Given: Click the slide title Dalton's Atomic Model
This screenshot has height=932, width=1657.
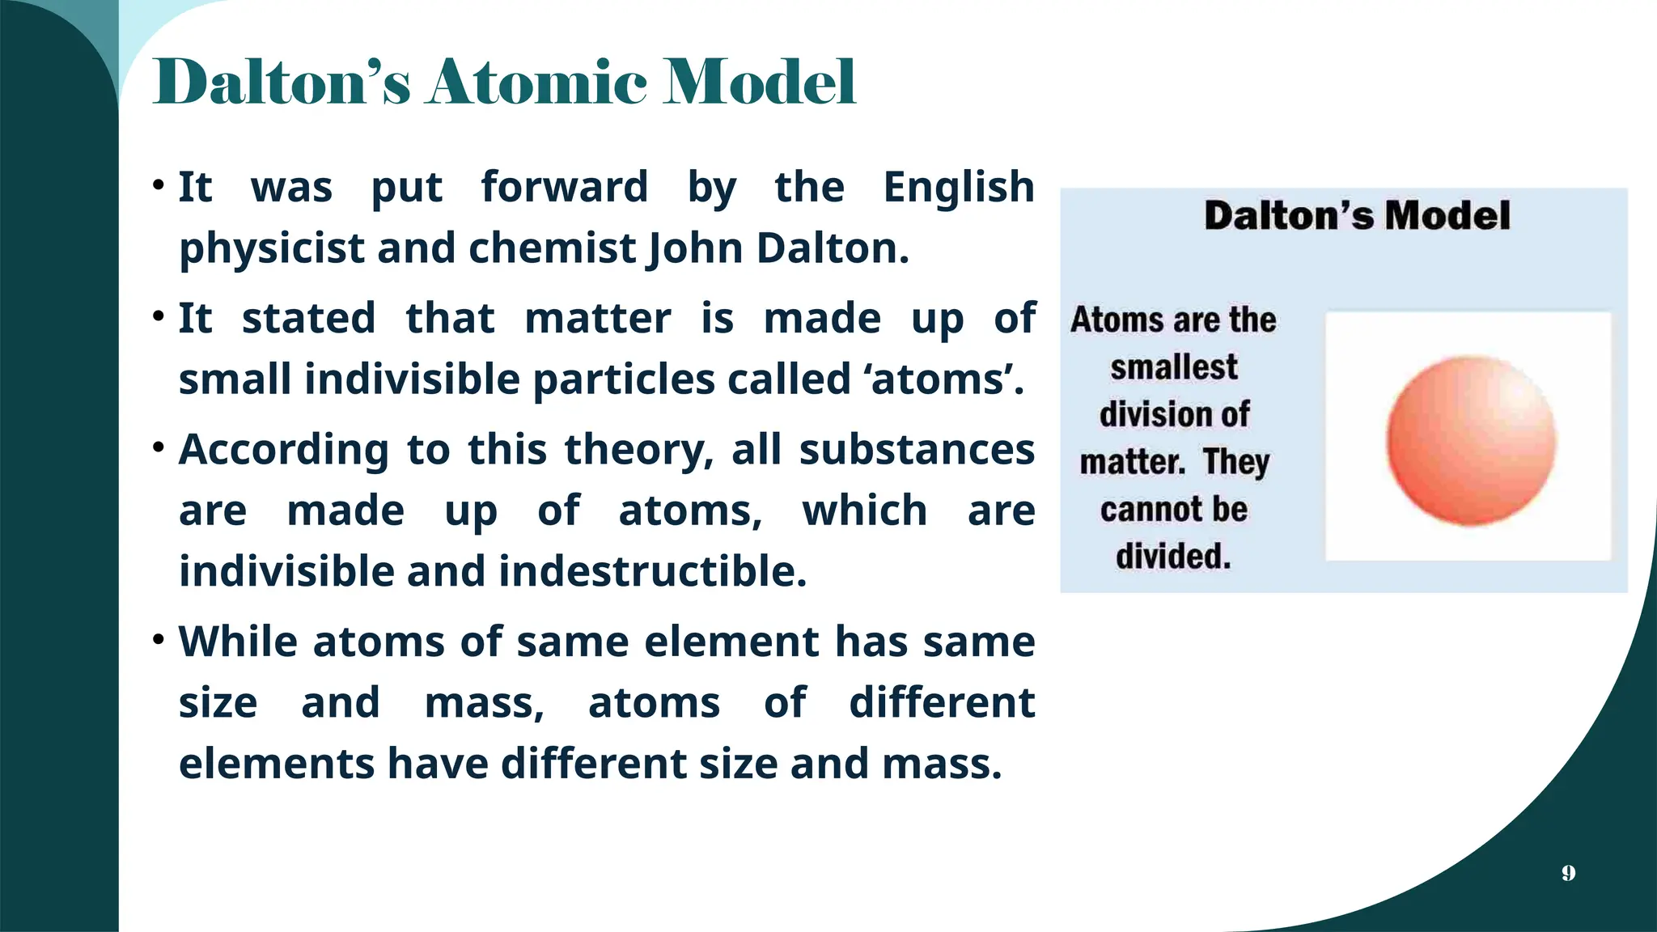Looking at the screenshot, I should coord(504,83).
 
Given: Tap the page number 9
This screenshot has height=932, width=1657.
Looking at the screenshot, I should coord(1568,873).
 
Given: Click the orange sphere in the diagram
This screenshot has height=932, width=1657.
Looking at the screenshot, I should coord(1471,440).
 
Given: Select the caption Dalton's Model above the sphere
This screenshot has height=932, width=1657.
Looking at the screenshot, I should coord(1357,216).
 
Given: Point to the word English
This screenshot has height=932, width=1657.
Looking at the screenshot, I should coord(958,188).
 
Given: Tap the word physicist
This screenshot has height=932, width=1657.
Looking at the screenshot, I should coord(272,248).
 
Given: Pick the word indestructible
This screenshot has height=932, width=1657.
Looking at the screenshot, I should coord(652,571).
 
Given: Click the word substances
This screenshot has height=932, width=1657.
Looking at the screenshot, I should coord(917,450).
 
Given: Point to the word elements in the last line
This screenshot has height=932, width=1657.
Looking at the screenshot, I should coord(277,764).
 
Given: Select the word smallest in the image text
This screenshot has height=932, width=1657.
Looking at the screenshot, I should coord(1173,367).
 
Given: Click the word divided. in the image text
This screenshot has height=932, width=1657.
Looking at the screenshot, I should coord(1173,557).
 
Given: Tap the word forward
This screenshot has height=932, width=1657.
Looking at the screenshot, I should coord(564,188).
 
